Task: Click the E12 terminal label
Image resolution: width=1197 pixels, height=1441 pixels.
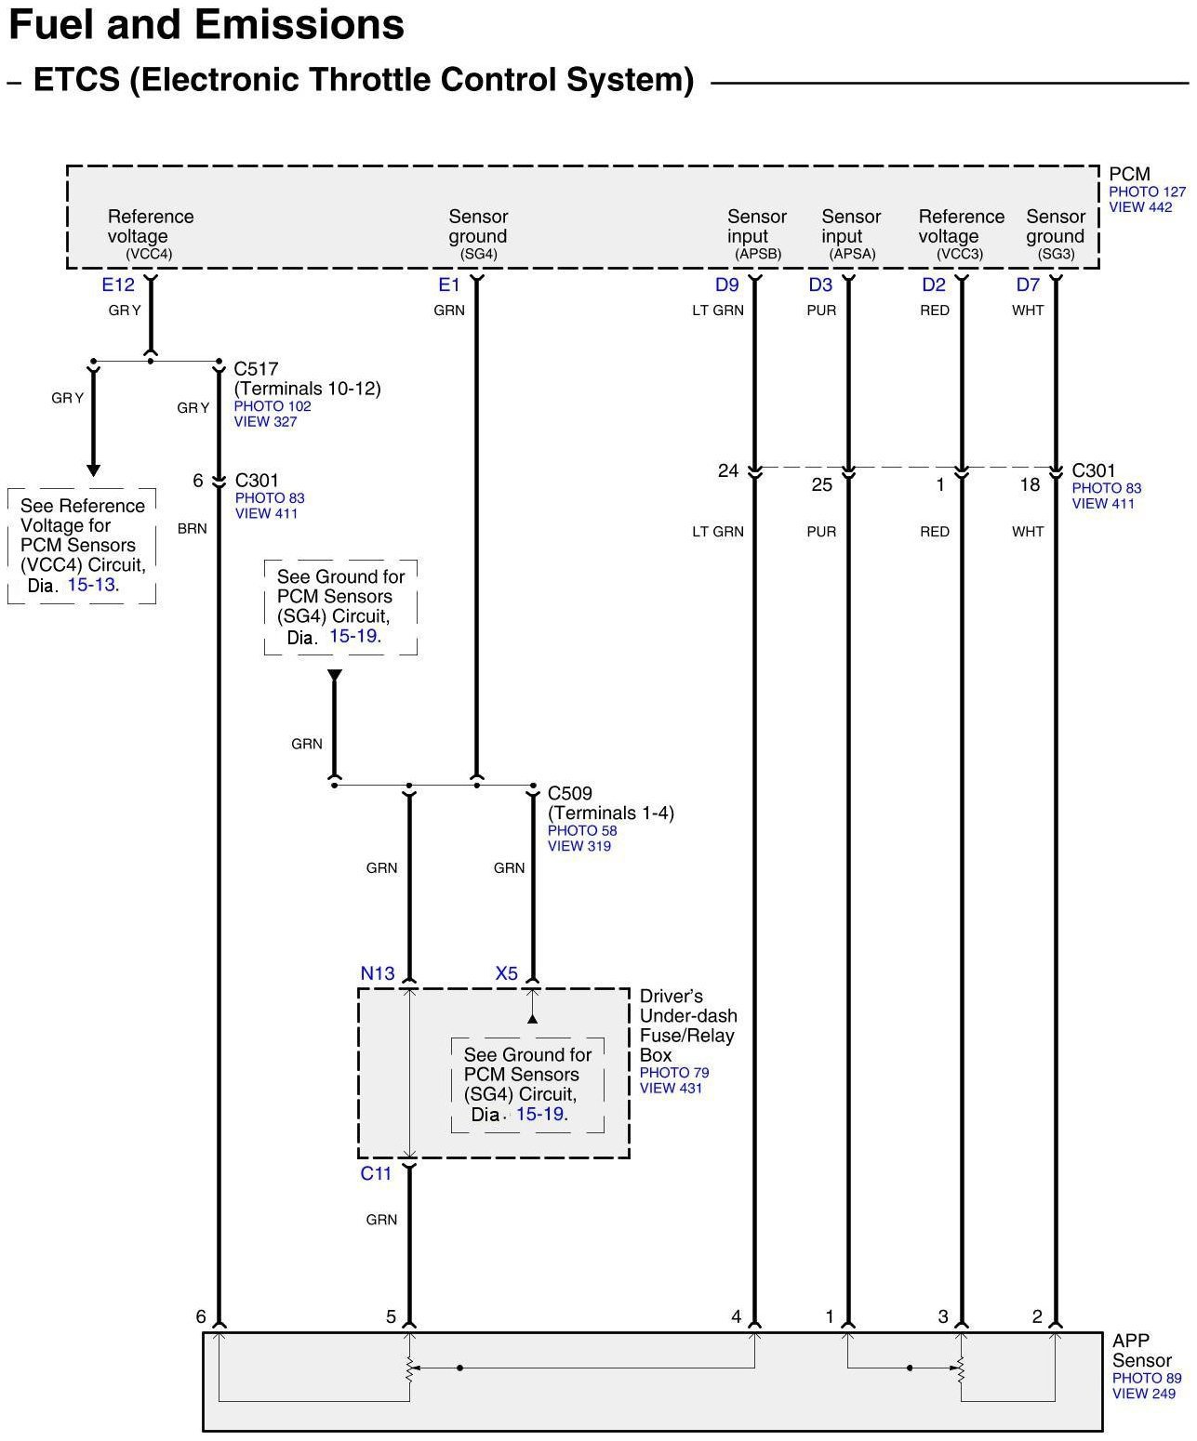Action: tap(118, 285)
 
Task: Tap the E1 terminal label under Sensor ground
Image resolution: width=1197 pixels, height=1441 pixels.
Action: tap(449, 285)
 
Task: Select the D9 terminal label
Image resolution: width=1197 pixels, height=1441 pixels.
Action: tap(726, 285)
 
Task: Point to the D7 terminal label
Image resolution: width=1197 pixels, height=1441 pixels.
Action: tap(1027, 285)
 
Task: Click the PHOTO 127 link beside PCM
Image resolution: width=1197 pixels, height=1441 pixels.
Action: tap(1147, 192)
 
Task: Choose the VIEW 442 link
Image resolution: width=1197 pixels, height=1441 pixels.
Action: tap(1140, 207)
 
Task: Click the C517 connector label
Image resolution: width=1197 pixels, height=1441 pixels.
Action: tap(256, 369)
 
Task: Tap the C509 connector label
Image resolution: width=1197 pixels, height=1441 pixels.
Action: tap(569, 794)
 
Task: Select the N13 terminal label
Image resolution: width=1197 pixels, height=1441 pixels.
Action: tap(378, 973)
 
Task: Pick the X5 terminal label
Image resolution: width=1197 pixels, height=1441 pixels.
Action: tap(506, 973)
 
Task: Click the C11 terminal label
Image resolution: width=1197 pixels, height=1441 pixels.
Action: tap(376, 1174)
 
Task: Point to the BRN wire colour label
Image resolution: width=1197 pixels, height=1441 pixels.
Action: tap(193, 529)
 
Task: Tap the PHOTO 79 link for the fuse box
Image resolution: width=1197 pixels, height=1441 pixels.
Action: tap(673, 1073)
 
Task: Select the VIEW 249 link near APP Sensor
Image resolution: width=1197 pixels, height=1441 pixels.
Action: tap(1143, 1394)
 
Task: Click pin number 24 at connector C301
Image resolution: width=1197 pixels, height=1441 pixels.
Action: tap(728, 471)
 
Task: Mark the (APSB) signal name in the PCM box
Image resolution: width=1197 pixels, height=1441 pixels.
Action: tap(758, 254)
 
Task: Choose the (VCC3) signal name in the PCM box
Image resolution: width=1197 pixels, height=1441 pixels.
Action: tap(960, 254)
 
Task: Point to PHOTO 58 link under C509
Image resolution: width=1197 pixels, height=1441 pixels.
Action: tap(581, 831)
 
